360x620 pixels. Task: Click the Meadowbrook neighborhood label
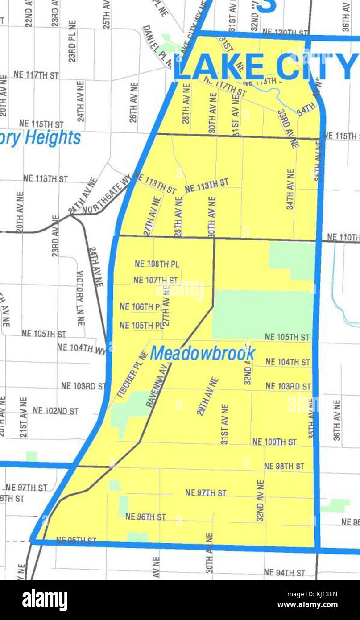click(x=203, y=353)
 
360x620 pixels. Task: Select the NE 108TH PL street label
click(x=157, y=264)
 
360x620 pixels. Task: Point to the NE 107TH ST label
click(x=155, y=280)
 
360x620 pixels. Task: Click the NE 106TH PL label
click(x=141, y=307)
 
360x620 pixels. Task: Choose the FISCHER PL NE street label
click(x=132, y=374)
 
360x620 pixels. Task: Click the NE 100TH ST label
click(x=274, y=442)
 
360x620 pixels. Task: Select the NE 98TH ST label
click(x=284, y=466)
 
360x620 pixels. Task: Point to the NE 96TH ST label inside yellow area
click(x=145, y=517)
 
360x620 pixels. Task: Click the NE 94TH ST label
click(x=284, y=572)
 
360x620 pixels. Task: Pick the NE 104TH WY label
click(x=82, y=348)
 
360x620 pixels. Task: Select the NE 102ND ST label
click(x=55, y=410)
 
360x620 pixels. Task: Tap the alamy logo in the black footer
click(x=45, y=600)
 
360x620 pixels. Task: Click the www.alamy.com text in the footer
click(x=307, y=605)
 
